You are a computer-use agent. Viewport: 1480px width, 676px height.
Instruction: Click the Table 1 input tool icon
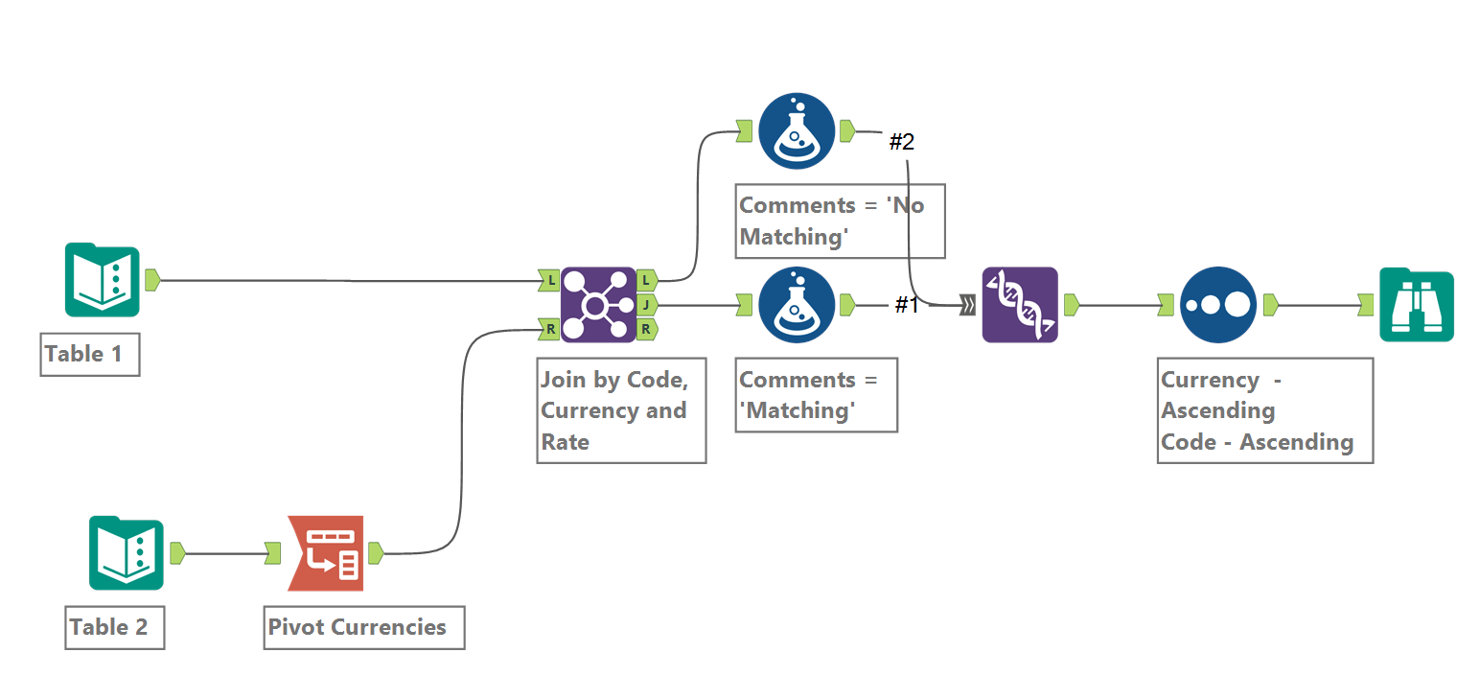(x=102, y=280)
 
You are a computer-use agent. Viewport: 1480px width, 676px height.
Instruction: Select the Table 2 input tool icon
(x=126, y=553)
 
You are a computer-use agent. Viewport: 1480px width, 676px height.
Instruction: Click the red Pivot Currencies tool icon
(x=326, y=553)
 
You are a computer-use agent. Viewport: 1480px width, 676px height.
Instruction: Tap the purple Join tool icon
(x=598, y=305)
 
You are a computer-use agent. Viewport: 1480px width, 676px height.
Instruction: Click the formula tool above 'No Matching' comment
(x=796, y=131)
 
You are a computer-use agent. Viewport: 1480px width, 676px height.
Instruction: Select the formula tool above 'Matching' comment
(x=796, y=305)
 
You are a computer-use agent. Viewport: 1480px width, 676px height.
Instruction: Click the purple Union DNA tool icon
(x=1020, y=305)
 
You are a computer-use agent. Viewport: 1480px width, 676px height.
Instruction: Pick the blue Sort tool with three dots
(x=1217, y=305)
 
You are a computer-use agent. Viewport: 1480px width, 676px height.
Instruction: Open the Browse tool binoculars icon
(x=1416, y=305)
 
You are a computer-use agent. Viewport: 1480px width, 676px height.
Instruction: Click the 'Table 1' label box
(x=89, y=354)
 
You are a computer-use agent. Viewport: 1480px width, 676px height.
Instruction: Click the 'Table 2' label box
(x=113, y=627)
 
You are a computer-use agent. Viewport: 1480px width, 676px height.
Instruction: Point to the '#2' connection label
(x=901, y=143)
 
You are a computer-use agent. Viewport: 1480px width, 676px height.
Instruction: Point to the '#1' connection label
(x=907, y=306)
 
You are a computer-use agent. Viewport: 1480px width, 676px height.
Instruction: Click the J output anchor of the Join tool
(x=647, y=305)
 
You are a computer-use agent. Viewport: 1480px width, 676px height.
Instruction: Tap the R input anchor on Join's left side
(x=548, y=329)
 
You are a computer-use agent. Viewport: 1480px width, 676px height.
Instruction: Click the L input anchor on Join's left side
(x=548, y=281)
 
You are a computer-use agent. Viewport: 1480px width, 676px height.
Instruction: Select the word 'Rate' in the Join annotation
(x=565, y=442)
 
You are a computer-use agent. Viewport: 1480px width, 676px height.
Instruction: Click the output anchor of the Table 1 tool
(x=151, y=280)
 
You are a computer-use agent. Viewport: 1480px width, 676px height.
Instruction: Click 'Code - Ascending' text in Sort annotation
(x=1257, y=442)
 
